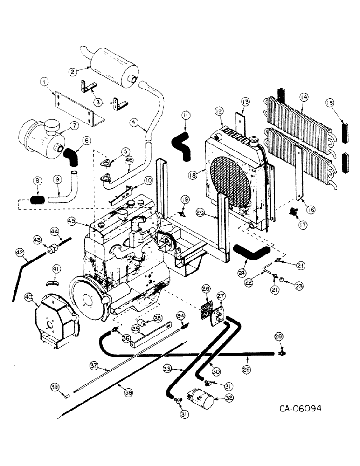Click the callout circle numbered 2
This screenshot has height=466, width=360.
click(x=73, y=72)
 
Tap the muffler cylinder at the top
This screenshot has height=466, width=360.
click(x=112, y=66)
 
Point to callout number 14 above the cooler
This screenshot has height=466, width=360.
click(x=305, y=97)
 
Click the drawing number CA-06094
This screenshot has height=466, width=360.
click(x=300, y=409)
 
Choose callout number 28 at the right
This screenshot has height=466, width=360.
click(x=278, y=336)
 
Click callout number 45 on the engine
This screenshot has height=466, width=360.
click(x=71, y=220)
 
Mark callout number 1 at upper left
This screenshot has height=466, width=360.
click(x=45, y=83)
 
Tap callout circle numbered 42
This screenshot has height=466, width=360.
click(x=19, y=252)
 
